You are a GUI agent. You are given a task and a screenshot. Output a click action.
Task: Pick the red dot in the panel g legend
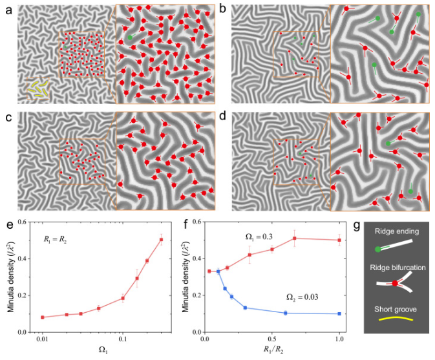(395, 283)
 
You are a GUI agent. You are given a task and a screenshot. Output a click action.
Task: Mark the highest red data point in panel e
(162, 240)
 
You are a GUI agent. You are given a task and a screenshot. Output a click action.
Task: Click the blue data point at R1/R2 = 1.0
(339, 313)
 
